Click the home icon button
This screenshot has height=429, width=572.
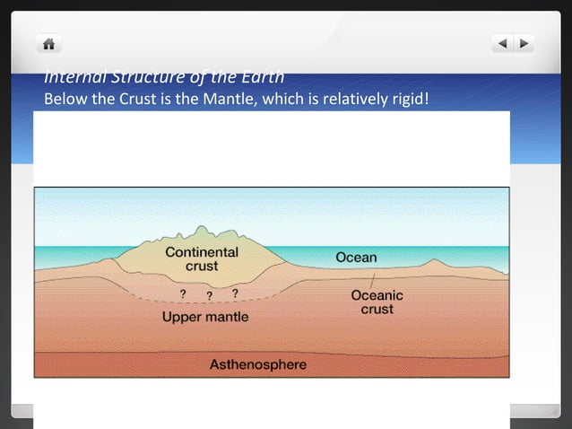point(48,43)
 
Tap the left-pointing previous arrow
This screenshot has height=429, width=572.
point(503,42)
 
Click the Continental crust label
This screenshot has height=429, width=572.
point(202,258)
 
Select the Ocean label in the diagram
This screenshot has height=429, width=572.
point(356,258)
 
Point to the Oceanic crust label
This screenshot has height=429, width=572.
point(377,302)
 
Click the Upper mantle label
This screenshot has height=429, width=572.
point(205,317)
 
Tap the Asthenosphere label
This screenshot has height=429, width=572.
point(257,364)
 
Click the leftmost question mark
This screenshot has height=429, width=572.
point(183,294)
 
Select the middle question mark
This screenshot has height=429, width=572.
point(209,296)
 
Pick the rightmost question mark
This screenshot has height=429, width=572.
point(235,293)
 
